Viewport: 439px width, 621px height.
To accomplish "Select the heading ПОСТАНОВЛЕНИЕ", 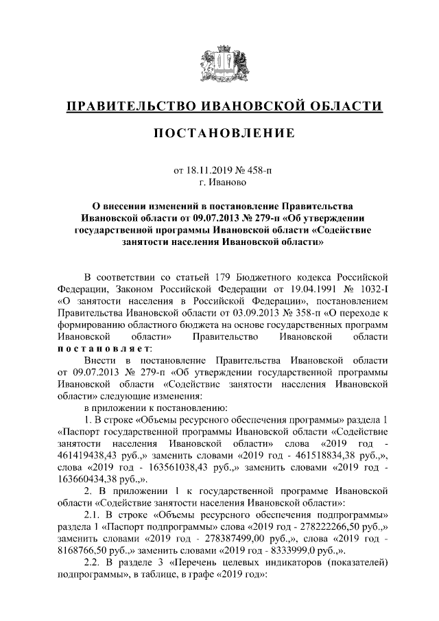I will [x=219, y=132].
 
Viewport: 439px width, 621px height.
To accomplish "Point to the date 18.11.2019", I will [x=210, y=171].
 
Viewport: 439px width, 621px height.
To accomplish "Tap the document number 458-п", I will [x=257, y=171].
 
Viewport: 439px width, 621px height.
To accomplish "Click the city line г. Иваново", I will [x=219, y=183].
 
